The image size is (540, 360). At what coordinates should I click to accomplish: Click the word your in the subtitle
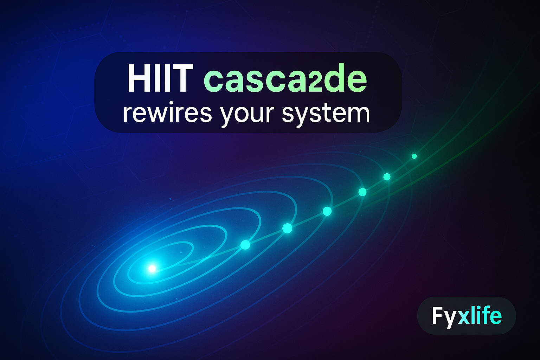click(x=246, y=114)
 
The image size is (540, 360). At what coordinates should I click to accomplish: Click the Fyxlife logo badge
click(x=466, y=316)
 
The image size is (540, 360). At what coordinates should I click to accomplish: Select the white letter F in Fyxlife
click(x=437, y=316)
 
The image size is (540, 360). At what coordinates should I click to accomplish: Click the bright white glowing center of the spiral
click(x=152, y=269)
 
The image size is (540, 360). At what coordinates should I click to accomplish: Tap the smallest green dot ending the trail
click(x=414, y=156)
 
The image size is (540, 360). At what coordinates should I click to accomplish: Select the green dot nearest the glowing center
click(x=245, y=245)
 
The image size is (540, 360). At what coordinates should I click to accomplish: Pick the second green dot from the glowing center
click(x=287, y=228)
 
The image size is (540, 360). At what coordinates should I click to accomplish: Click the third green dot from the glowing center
click(x=327, y=211)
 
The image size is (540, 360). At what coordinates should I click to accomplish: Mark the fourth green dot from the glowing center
click(x=362, y=192)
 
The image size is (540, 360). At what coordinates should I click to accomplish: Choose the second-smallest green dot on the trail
click(x=387, y=177)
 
